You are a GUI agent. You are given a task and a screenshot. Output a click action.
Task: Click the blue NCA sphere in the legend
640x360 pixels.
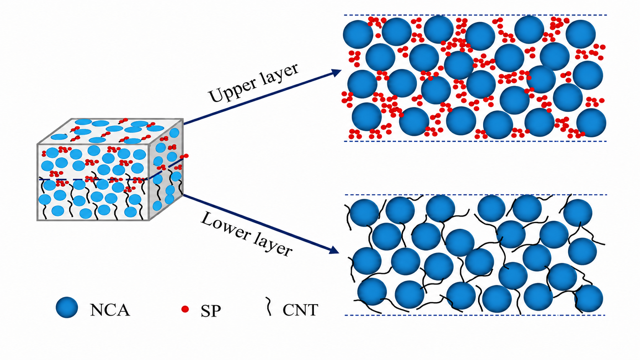coord(67,308)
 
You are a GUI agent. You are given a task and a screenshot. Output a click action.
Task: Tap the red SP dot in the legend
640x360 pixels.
coord(185,309)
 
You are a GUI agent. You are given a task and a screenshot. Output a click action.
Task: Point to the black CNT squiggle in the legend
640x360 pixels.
coord(268,306)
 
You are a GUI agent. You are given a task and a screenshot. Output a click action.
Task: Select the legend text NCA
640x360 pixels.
coord(110,310)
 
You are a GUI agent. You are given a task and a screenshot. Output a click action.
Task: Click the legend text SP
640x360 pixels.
coord(211,311)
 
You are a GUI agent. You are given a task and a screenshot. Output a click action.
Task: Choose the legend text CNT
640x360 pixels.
coord(300,310)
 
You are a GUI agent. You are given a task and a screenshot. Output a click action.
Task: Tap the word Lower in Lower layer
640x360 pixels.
coord(225,226)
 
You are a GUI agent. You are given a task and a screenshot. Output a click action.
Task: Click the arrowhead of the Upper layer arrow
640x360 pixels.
coord(336,73)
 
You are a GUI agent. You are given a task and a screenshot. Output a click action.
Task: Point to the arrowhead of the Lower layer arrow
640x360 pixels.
coord(334,250)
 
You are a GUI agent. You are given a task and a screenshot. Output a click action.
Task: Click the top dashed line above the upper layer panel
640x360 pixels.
coord(475,15)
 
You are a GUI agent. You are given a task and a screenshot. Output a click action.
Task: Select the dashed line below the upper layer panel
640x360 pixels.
coord(475,141)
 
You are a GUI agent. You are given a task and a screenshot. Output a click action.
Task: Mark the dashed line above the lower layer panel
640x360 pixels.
coord(475,195)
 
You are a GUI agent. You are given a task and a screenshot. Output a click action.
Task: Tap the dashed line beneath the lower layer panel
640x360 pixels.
coord(475,315)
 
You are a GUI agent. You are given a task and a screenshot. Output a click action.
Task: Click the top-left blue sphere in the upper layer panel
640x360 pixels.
coord(358,34)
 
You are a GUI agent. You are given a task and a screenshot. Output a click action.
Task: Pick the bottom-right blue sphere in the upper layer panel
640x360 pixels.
coord(591,123)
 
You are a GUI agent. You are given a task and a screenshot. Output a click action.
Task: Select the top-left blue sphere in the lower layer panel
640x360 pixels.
coord(364,213)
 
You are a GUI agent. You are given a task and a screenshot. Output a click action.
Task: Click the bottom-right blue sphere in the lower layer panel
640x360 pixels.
coord(589,298)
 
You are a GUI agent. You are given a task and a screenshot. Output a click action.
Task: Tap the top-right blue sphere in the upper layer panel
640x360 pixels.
coord(581,34)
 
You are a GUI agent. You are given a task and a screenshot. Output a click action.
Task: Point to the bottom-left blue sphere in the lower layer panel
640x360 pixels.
coord(372,292)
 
